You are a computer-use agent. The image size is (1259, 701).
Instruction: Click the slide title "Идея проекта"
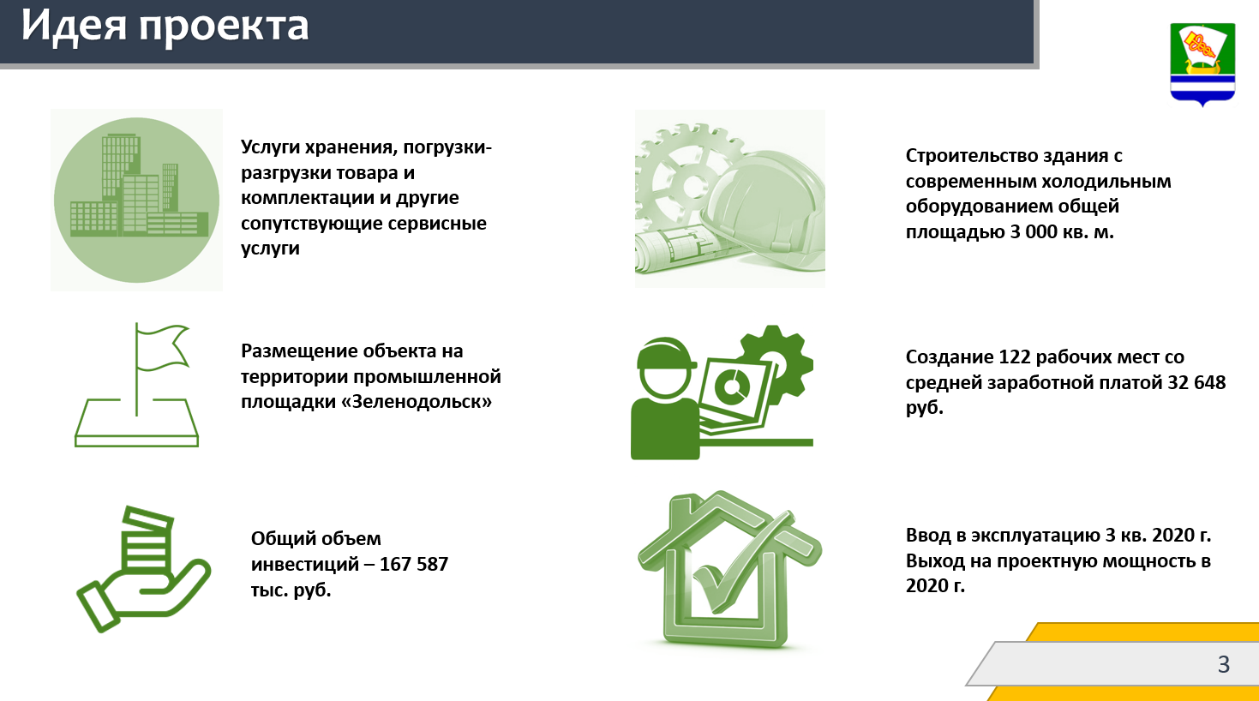[165, 27]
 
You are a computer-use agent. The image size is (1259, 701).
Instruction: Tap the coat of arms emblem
[1202, 64]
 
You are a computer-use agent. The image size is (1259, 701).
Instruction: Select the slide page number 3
[1224, 664]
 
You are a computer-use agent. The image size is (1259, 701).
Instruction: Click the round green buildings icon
[136, 200]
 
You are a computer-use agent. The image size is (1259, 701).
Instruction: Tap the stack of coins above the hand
[147, 540]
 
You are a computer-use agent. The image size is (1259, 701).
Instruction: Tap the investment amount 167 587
[414, 564]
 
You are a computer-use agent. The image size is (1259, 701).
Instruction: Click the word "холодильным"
[1106, 181]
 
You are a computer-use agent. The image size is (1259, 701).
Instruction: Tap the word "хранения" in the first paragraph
[351, 147]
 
